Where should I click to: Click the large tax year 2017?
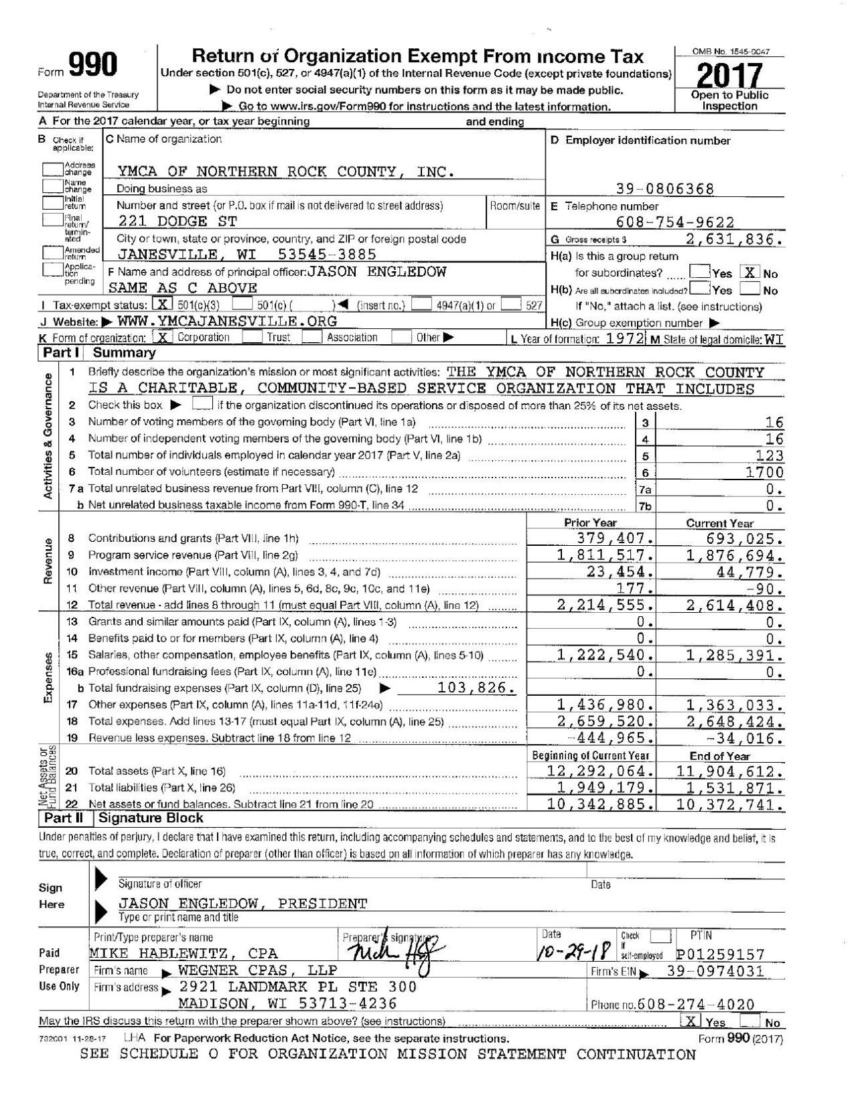729,76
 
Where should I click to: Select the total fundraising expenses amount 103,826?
476,688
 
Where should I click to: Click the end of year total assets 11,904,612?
729,772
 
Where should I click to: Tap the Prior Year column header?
590,523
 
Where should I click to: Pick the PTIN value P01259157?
721,954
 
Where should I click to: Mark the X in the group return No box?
749,273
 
